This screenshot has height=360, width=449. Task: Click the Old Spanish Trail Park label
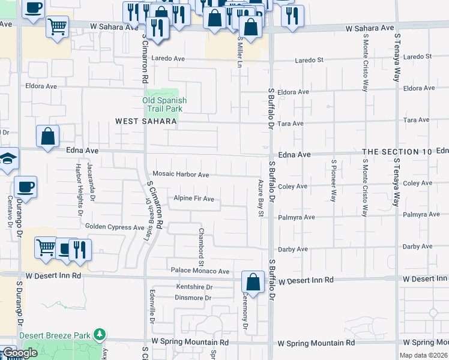(164, 105)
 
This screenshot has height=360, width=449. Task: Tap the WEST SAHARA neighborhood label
(146, 121)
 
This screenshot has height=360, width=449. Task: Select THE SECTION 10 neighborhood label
(397, 152)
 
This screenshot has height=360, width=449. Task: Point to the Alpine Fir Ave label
(193, 199)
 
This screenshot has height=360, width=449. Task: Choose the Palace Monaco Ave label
(200, 271)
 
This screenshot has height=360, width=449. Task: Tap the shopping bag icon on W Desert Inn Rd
(253, 282)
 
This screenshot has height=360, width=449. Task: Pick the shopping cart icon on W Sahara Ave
(57, 26)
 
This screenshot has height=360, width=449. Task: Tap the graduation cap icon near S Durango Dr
(8, 158)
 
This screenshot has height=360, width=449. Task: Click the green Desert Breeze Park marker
(102, 334)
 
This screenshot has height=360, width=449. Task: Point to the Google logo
(19, 353)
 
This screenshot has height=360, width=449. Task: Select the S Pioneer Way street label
(334, 180)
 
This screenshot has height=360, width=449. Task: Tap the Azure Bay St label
(261, 191)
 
